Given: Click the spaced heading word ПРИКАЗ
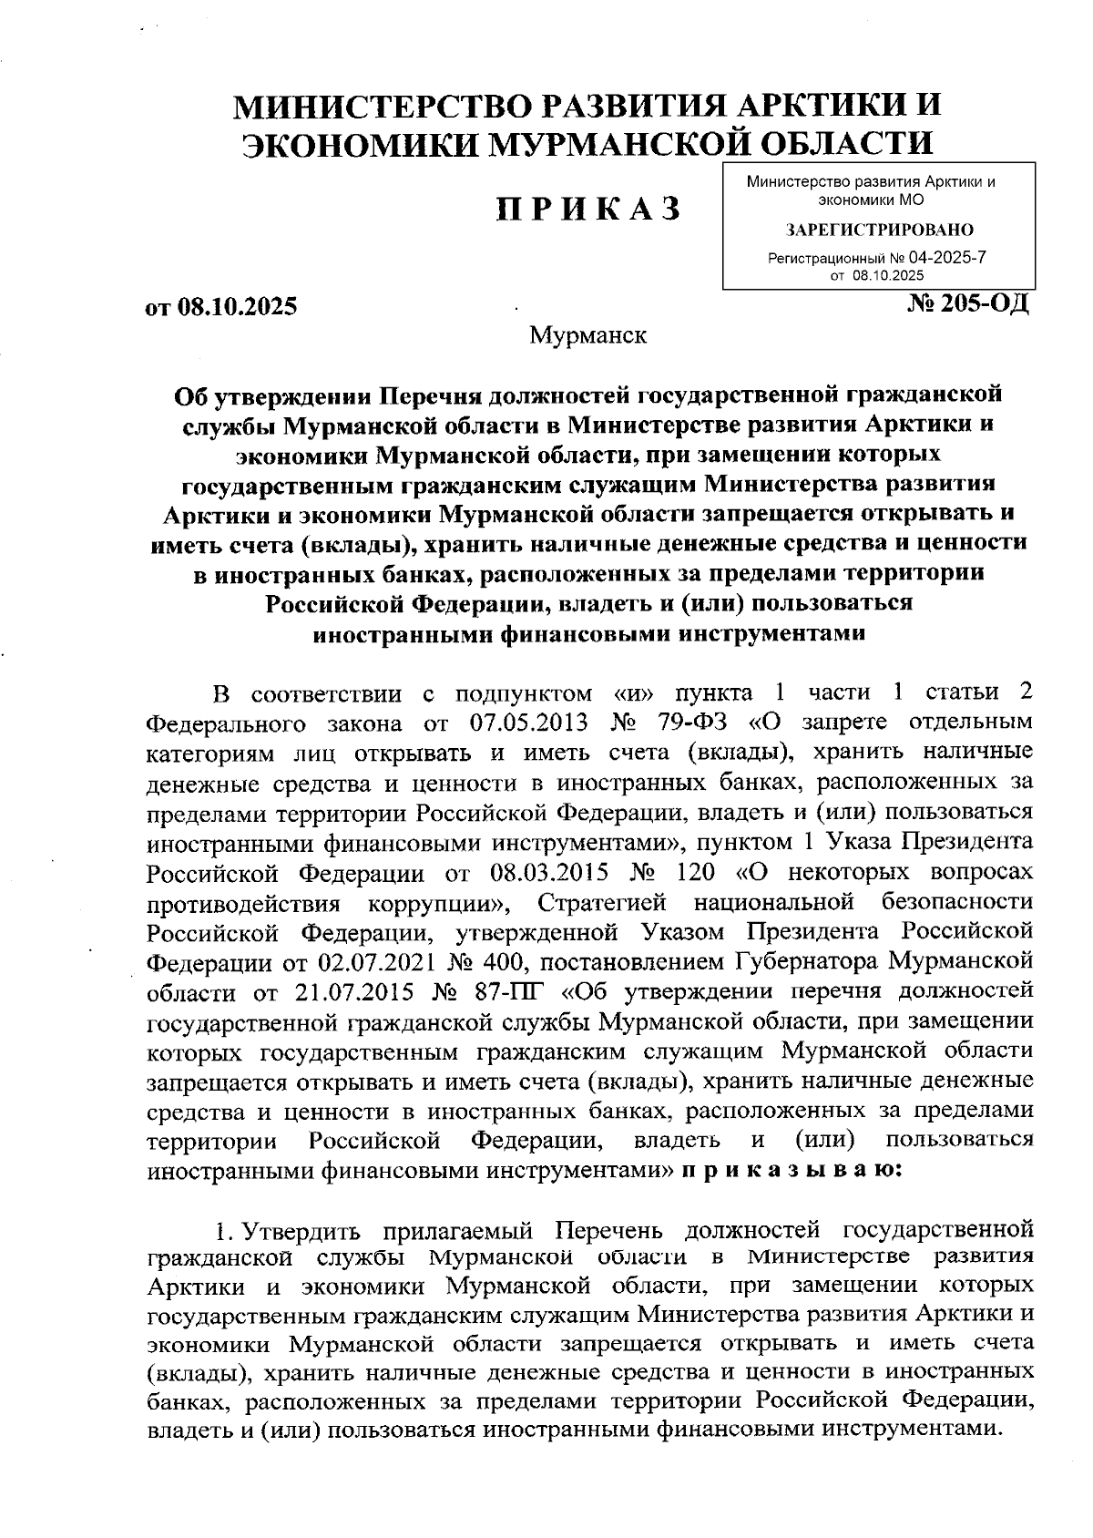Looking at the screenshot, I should [x=588, y=210].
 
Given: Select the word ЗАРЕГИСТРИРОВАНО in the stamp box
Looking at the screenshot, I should [x=879, y=230].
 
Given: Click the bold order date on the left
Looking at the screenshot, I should [x=221, y=307].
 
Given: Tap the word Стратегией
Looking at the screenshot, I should [x=601, y=902].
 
